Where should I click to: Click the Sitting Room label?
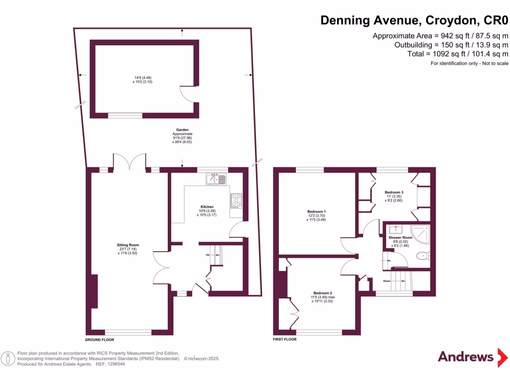coord(128,245)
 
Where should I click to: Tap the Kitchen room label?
coord(207,206)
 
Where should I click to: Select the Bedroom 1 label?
coord(314,211)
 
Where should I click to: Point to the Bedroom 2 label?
coord(323,292)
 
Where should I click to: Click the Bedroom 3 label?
coord(393,192)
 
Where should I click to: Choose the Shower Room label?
coord(401,238)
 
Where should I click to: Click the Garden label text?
coord(182,130)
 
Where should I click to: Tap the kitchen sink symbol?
coord(218,179)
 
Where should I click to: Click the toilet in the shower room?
coord(423,257)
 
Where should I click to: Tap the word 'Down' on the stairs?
coord(387,281)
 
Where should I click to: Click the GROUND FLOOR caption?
coord(100,340)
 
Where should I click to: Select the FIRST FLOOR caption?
coord(285,339)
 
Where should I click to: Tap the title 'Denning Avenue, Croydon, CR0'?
coord(414,20)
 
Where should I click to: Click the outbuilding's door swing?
coord(189,95)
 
